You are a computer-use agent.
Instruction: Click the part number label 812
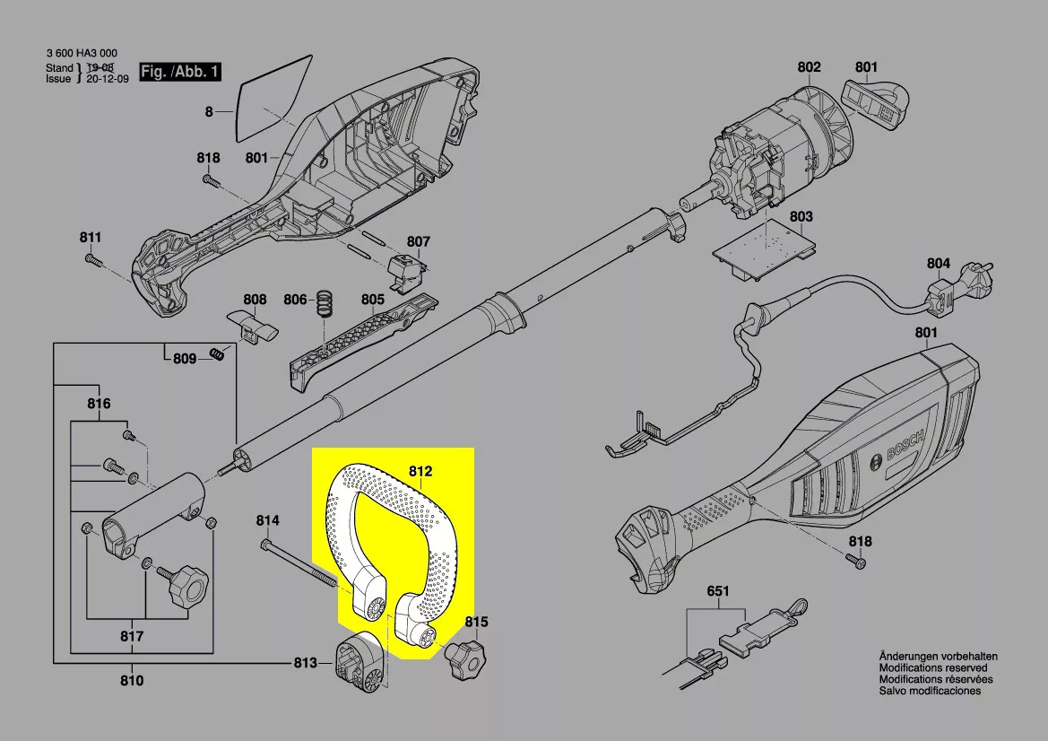[420, 471]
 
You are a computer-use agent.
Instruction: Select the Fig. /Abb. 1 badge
[179, 72]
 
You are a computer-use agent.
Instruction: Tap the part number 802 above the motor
[809, 66]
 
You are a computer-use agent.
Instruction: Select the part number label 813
[305, 663]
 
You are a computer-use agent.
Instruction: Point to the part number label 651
[718, 591]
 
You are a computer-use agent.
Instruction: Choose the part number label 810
[132, 681]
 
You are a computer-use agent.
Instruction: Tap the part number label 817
[132, 638]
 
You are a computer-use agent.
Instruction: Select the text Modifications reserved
[932, 668]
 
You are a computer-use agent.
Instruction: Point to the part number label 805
[372, 299]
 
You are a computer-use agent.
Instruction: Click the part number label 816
[99, 404]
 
